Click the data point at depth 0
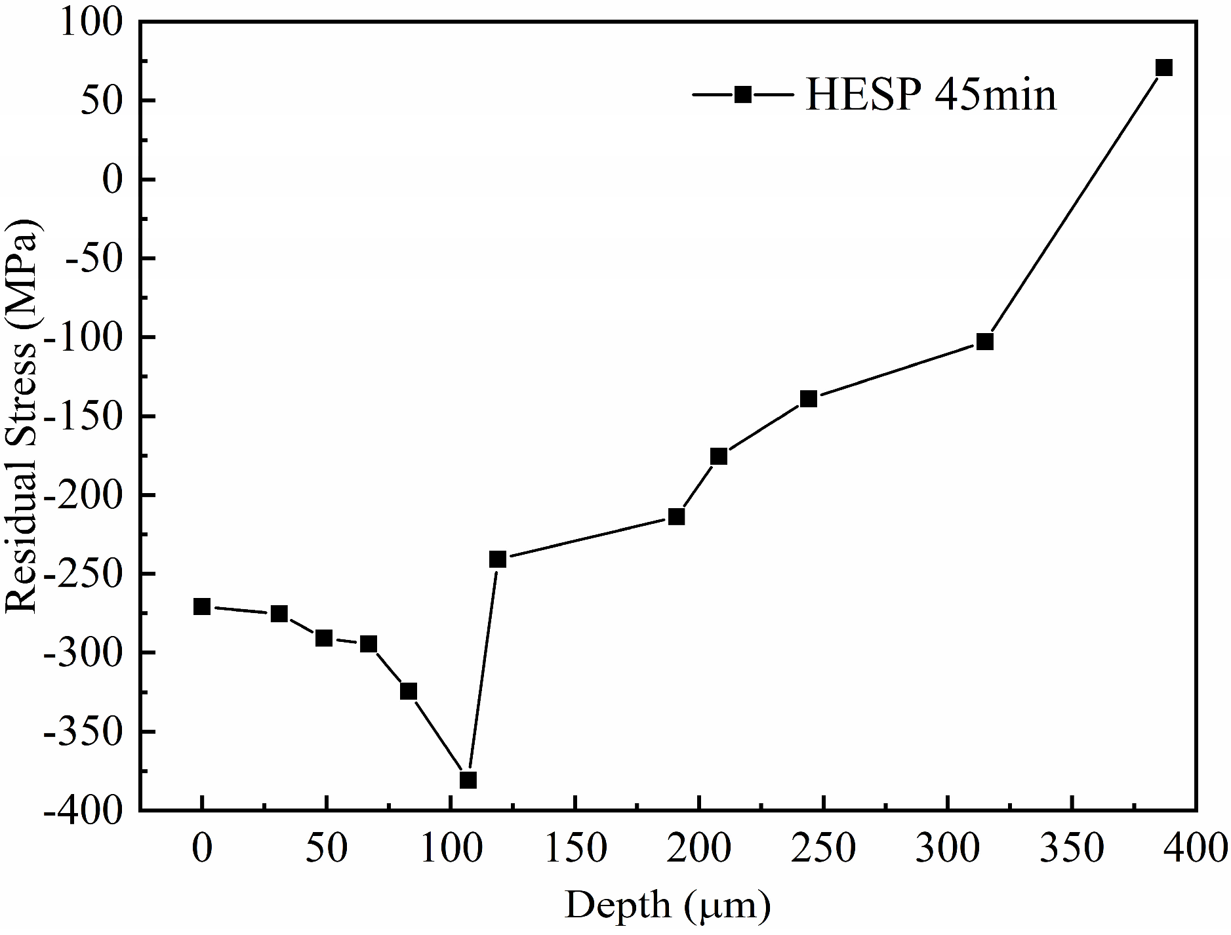click(202, 607)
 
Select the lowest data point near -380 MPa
click(468, 780)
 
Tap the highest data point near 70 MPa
click(1164, 68)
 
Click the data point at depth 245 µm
click(809, 399)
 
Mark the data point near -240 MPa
click(498, 559)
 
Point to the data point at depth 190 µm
click(676, 517)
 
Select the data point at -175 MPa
click(719, 456)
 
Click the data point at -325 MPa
click(409, 692)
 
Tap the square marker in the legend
click(742, 94)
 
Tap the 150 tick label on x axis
click(575, 848)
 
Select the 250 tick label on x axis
click(824, 848)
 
